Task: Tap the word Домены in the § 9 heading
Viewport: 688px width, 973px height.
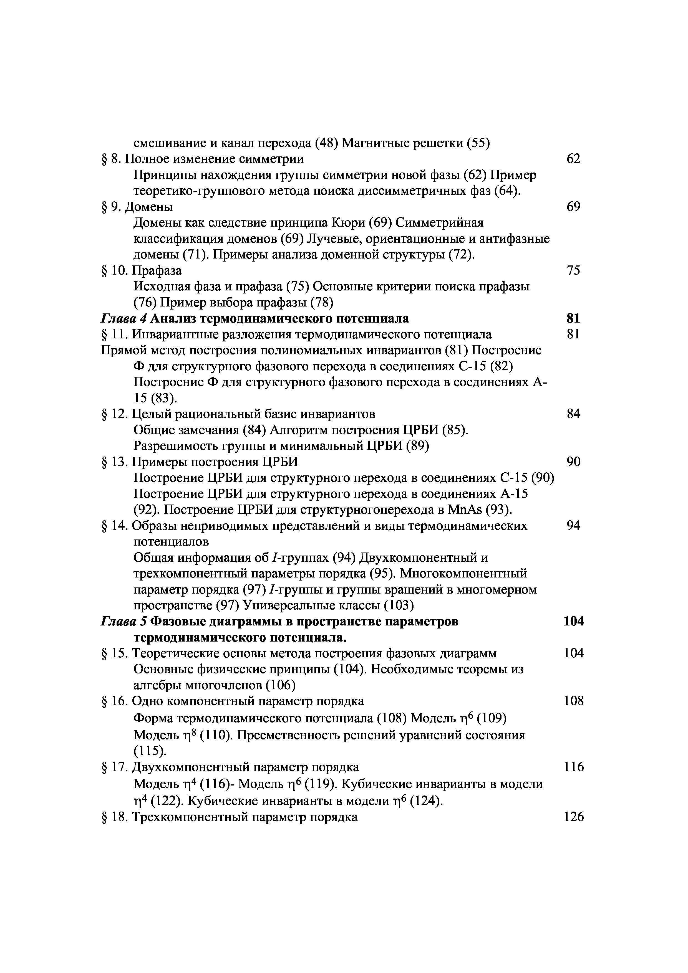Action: [x=150, y=207]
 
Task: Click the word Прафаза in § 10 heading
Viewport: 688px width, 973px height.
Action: [x=157, y=270]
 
